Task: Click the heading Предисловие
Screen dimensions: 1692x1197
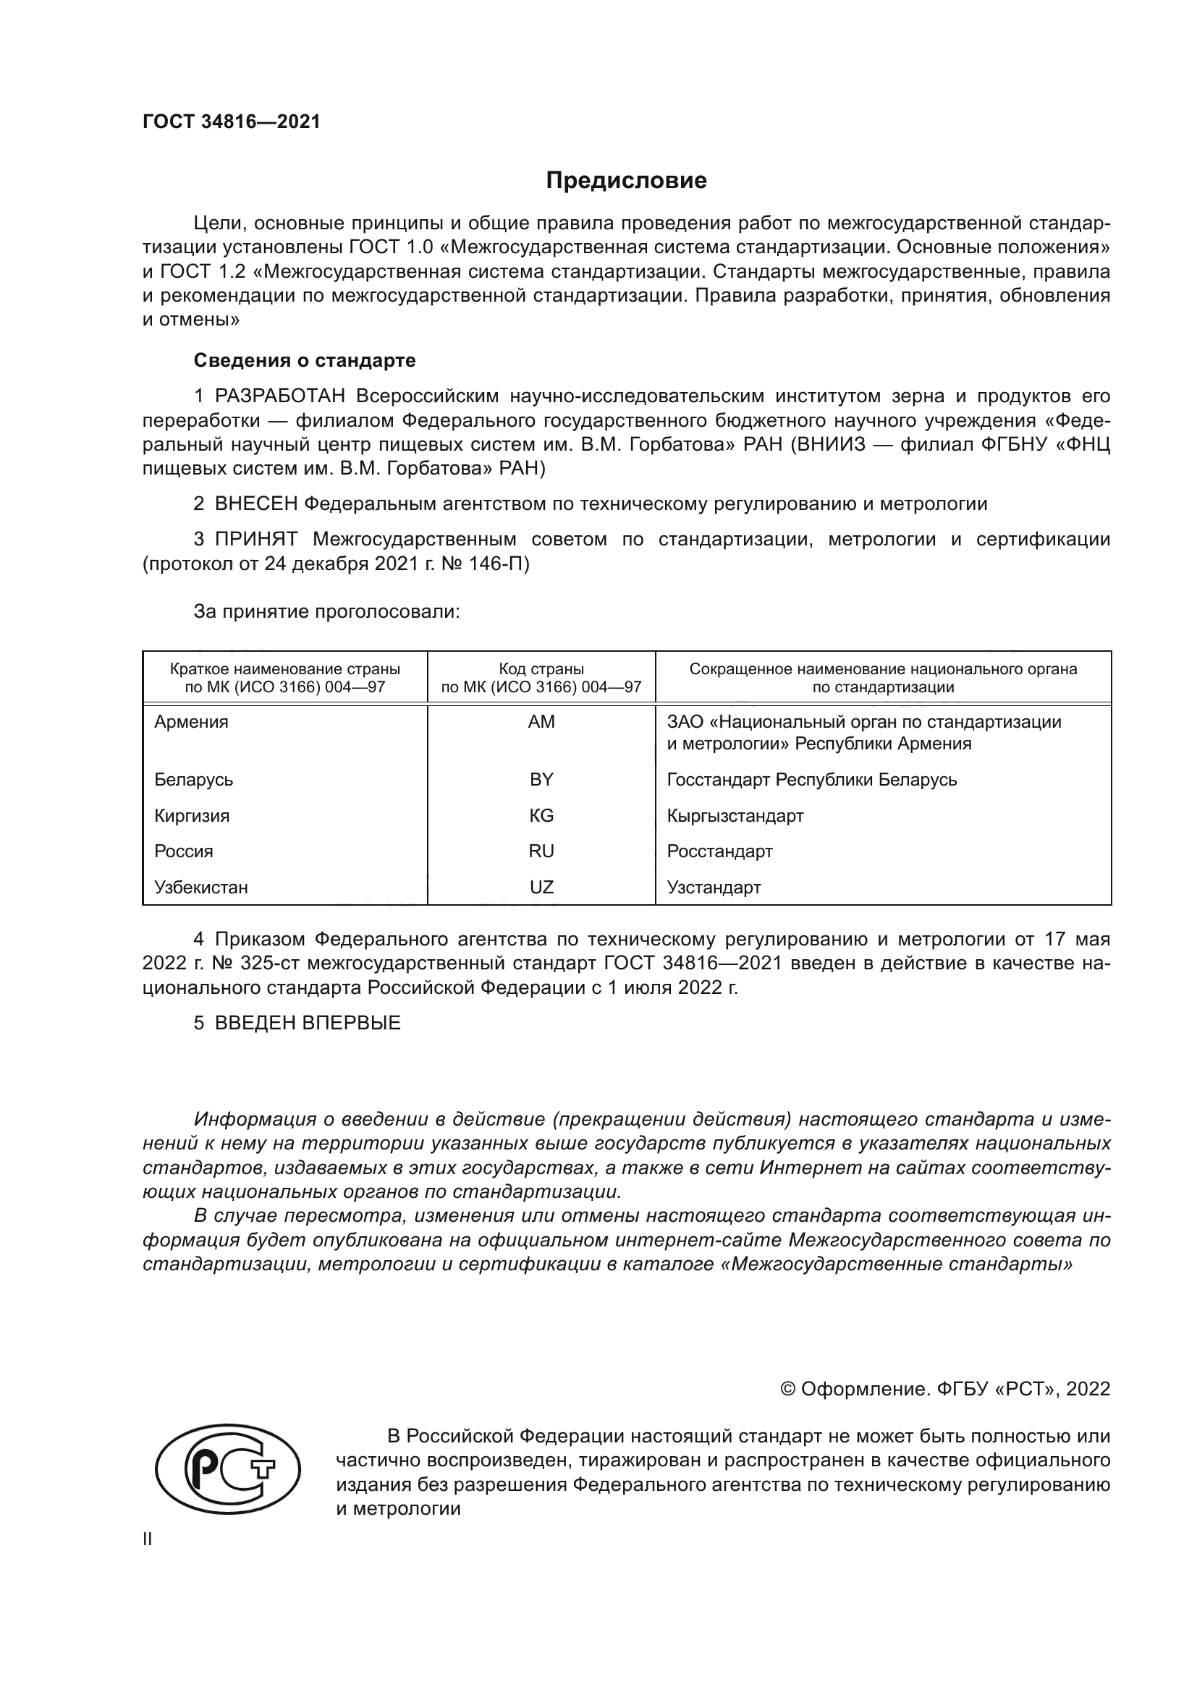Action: tap(626, 181)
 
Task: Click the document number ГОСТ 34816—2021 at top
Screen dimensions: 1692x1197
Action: tap(232, 122)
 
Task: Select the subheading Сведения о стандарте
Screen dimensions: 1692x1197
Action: tap(305, 360)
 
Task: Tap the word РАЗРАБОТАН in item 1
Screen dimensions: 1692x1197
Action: tap(280, 396)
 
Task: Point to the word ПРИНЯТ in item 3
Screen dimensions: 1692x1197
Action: tap(256, 540)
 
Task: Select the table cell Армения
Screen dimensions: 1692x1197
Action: tap(192, 722)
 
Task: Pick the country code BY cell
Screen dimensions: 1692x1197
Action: tap(541, 780)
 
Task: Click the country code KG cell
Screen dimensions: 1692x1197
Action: tap(541, 816)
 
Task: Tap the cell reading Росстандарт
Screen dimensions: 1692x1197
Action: tap(719, 852)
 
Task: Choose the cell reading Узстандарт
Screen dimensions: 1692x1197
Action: tap(714, 888)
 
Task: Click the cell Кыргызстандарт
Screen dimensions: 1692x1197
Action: tap(735, 816)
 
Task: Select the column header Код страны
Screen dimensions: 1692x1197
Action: tap(541, 669)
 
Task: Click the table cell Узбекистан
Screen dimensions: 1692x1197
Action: tap(201, 888)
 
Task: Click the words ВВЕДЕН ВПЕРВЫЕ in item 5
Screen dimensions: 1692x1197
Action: tap(308, 1023)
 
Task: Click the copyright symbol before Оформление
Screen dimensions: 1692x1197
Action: tap(787, 1390)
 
